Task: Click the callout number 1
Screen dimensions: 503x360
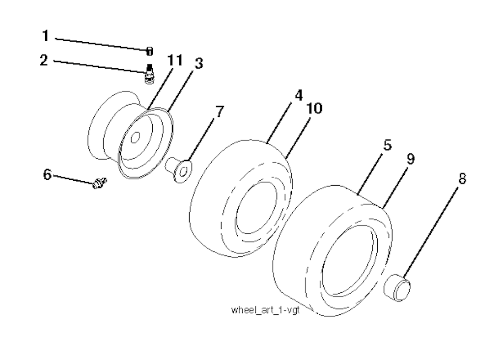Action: click(x=46, y=36)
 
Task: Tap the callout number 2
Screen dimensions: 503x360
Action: click(x=44, y=60)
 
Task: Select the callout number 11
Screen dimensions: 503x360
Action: click(x=175, y=60)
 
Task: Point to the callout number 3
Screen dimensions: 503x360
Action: click(x=199, y=63)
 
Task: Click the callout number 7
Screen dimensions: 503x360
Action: click(x=220, y=111)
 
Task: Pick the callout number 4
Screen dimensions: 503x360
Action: click(x=299, y=95)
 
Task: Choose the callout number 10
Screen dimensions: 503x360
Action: click(x=314, y=109)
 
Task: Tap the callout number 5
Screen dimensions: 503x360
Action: click(x=388, y=145)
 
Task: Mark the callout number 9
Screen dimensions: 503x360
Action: click(x=411, y=159)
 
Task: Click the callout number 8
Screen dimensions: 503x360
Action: click(x=462, y=178)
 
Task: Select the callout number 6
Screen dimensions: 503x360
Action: click(x=47, y=175)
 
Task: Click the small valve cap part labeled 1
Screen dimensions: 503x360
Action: click(x=149, y=51)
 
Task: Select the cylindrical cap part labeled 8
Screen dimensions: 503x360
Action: click(x=397, y=286)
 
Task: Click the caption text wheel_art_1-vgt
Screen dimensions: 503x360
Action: click(x=265, y=310)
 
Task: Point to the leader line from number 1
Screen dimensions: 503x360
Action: click(x=102, y=44)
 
